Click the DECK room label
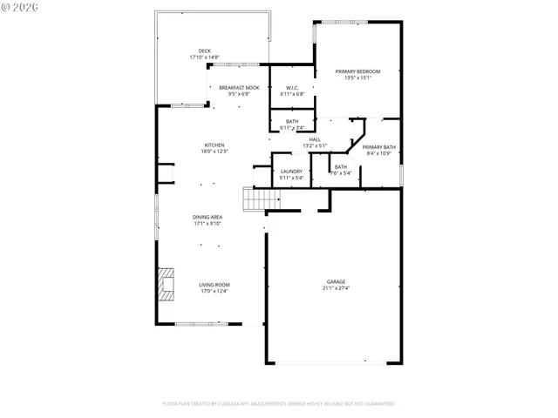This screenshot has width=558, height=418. tap(204, 51)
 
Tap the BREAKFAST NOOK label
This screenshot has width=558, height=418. tap(239, 88)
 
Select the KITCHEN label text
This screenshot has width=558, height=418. tap(214, 145)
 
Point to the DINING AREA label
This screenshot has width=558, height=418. tap(208, 217)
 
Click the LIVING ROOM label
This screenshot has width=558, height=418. tap(214, 285)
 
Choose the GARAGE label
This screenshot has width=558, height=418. tap(336, 281)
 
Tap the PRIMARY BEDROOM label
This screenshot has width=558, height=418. tap(357, 71)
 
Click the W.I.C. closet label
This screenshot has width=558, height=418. tap(292, 88)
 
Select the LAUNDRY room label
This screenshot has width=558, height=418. tap(291, 172)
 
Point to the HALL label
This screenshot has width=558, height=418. tap(314, 139)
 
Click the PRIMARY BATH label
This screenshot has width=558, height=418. tap(379, 147)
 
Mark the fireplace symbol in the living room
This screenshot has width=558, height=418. tap(165, 285)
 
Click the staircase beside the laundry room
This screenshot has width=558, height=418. tap(254, 200)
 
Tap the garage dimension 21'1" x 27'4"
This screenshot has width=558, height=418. tap(336, 288)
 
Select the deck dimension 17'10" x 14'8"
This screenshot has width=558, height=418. tap(204, 57)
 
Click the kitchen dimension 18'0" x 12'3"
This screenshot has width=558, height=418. tap(214, 152)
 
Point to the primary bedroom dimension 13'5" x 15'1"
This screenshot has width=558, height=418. tap(357, 78)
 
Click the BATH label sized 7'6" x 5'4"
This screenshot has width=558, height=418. tap(340, 167)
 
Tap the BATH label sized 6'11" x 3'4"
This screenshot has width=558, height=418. tap(292, 122)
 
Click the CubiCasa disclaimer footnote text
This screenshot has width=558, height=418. tap(278, 404)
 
